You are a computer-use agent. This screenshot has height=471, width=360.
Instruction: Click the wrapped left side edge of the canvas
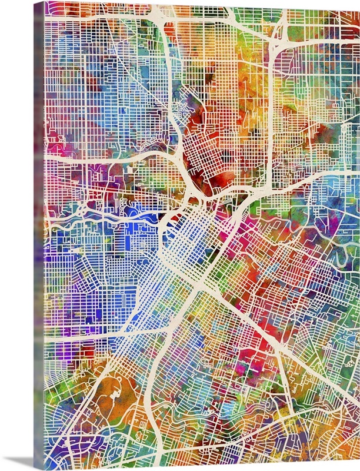click(x=38, y=235)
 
